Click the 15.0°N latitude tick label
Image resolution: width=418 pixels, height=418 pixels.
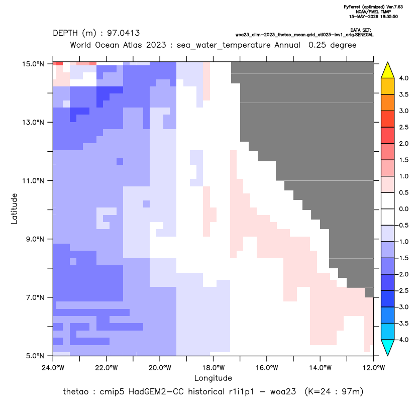coord(33,64)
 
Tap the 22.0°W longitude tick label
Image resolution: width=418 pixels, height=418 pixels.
coord(107,368)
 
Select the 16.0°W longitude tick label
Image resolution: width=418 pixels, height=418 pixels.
coord(267,368)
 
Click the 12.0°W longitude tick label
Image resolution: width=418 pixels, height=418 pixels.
coord(373,368)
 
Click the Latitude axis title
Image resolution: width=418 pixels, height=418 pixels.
coord(14,208)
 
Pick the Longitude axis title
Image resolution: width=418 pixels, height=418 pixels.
coord(213,378)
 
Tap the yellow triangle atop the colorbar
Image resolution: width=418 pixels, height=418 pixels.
coord(387,70)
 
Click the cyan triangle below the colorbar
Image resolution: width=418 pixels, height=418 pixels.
coord(387,348)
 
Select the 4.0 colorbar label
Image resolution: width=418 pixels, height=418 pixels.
coord(403,78)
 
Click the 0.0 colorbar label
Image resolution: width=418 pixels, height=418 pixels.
coord(403,209)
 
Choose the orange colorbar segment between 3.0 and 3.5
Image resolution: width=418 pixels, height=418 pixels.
coord(387,102)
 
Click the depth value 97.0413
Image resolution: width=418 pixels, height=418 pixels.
coord(124,33)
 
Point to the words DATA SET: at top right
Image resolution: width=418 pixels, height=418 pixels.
coord(361,30)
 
